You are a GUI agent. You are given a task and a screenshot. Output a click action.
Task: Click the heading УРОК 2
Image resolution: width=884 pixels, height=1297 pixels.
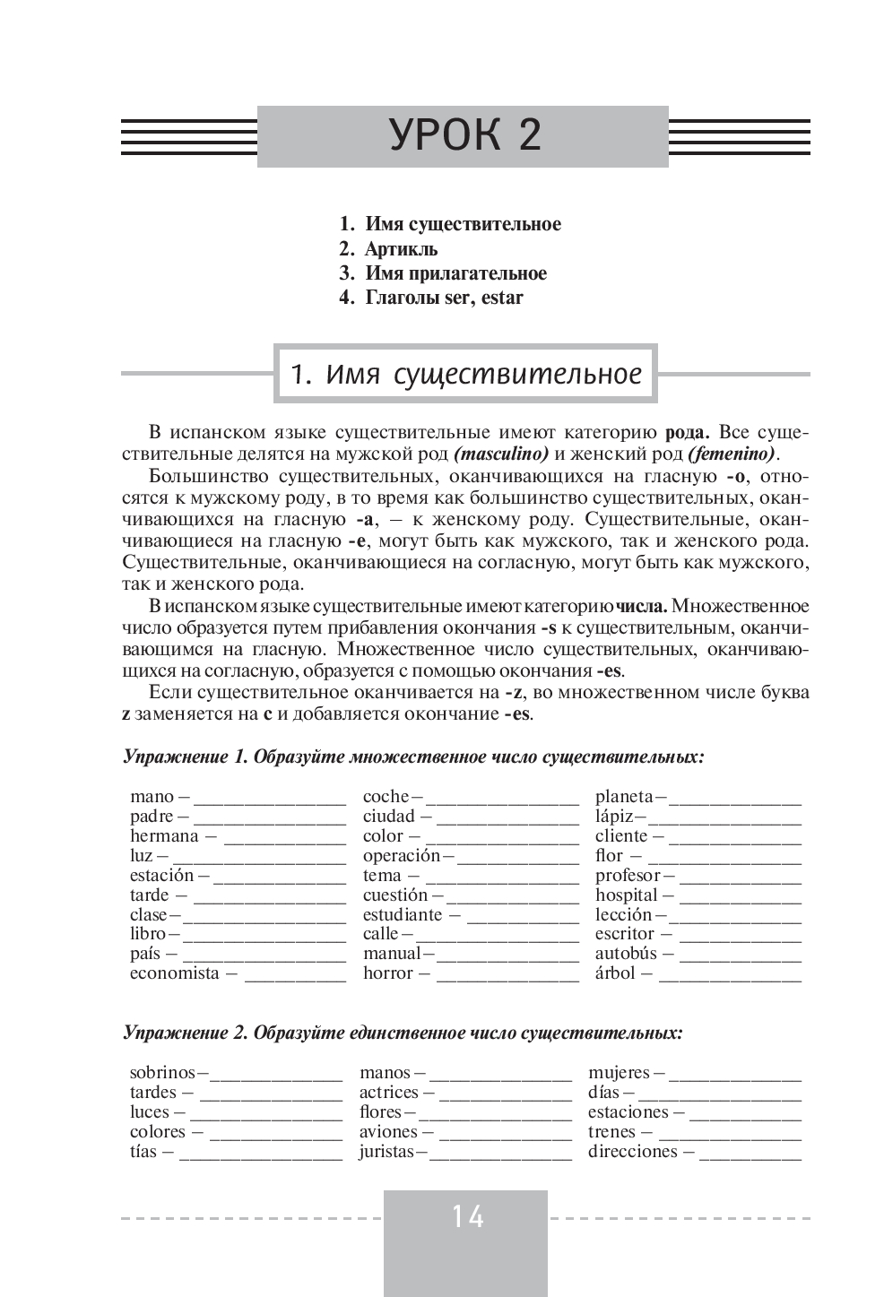click(x=465, y=135)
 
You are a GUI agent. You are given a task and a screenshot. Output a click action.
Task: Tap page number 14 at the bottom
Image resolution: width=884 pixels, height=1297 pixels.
click(x=467, y=1216)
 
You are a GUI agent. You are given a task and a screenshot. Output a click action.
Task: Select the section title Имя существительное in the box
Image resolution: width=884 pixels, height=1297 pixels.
click(x=466, y=374)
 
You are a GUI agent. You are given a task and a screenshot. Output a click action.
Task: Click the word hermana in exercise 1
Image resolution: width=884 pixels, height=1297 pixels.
click(x=164, y=836)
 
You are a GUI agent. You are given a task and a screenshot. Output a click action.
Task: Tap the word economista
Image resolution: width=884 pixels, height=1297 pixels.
click(x=174, y=973)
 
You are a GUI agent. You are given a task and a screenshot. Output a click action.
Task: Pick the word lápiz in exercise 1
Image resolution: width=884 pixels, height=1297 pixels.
click(x=614, y=817)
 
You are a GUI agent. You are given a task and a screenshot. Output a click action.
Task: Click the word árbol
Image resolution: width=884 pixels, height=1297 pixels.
click(x=615, y=973)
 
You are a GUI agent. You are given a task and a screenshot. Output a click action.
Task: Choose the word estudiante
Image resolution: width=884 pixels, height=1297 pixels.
click(x=403, y=915)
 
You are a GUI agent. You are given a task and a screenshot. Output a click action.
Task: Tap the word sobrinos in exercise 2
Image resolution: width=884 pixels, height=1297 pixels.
click(x=162, y=1073)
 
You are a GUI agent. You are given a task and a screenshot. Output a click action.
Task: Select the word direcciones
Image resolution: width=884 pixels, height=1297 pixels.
click(x=632, y=1152)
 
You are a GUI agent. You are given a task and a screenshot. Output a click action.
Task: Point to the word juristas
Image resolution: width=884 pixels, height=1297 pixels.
click(x=386, y=1152)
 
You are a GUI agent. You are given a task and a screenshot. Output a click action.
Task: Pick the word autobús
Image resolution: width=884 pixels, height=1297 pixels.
click(x=626, y=954)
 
